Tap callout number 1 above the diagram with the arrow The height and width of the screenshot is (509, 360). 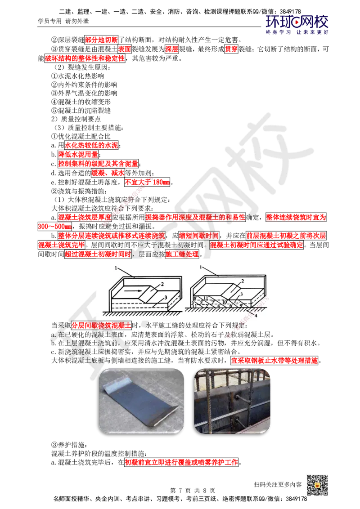pyautogui.click(x=116, y=268)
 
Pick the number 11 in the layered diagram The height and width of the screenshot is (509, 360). pyautogui.click(x=205, y=298)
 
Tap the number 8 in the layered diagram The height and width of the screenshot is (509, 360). pyautogui.click(x=194, y=298)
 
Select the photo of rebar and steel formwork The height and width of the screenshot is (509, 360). pyautogui.click(x=233, y=400)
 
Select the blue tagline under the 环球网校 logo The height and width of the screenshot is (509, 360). pyautogui.click(x=297, y=32)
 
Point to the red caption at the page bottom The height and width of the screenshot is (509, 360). pyautogui.click(x=181, y=462)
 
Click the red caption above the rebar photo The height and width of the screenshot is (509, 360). pyautogui.click(x=274, y=361)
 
